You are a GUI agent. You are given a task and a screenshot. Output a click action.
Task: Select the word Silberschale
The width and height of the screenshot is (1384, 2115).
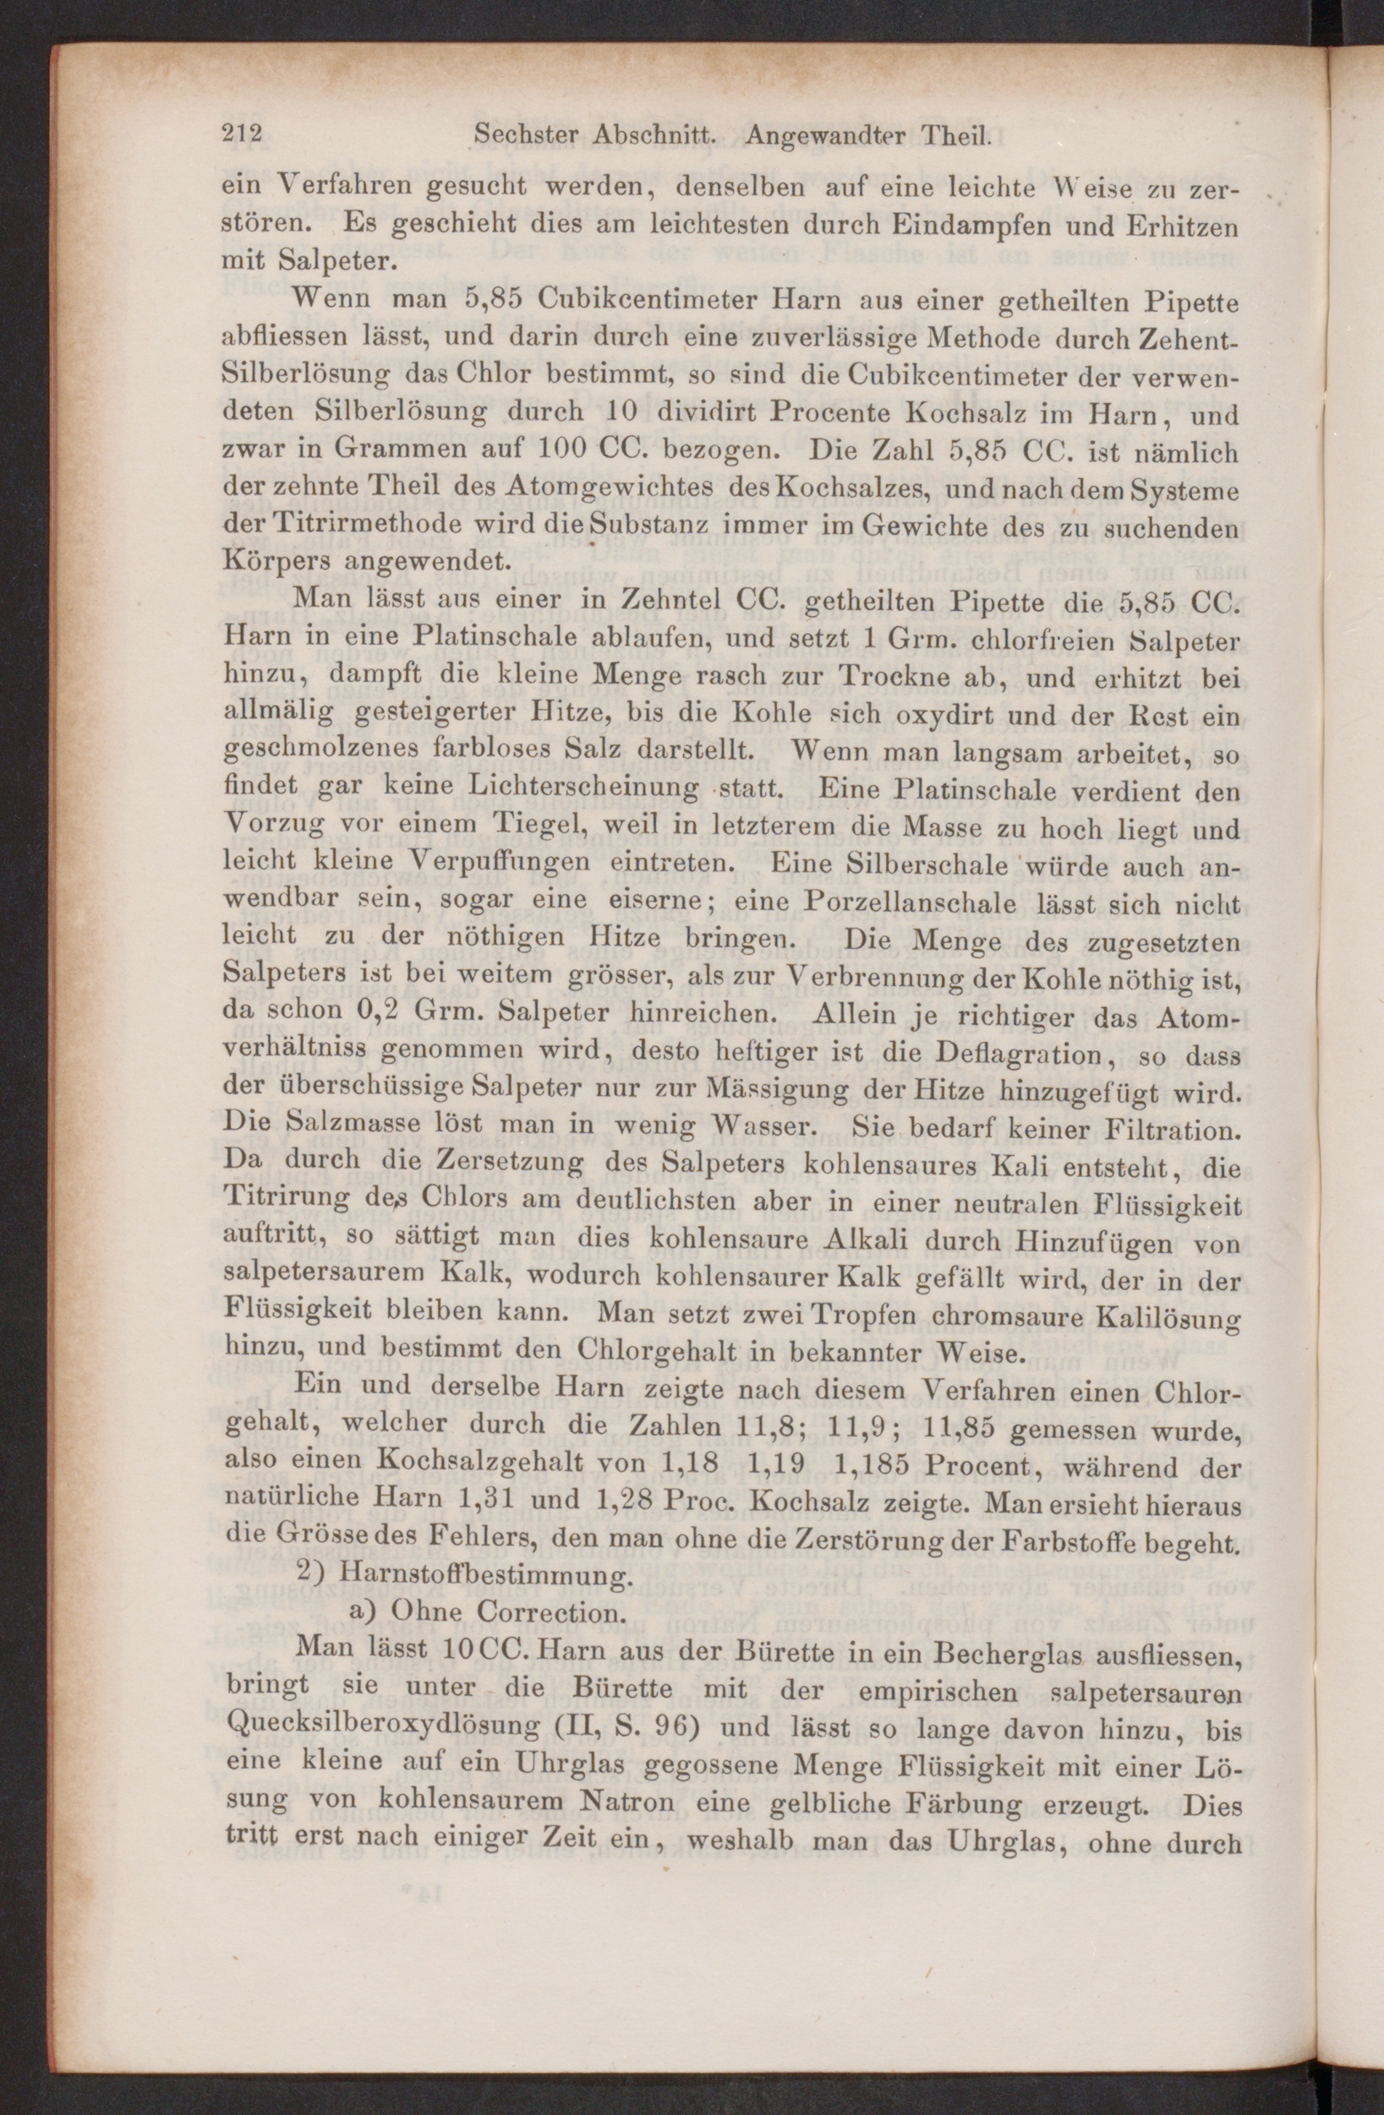click(x=923, y=866)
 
